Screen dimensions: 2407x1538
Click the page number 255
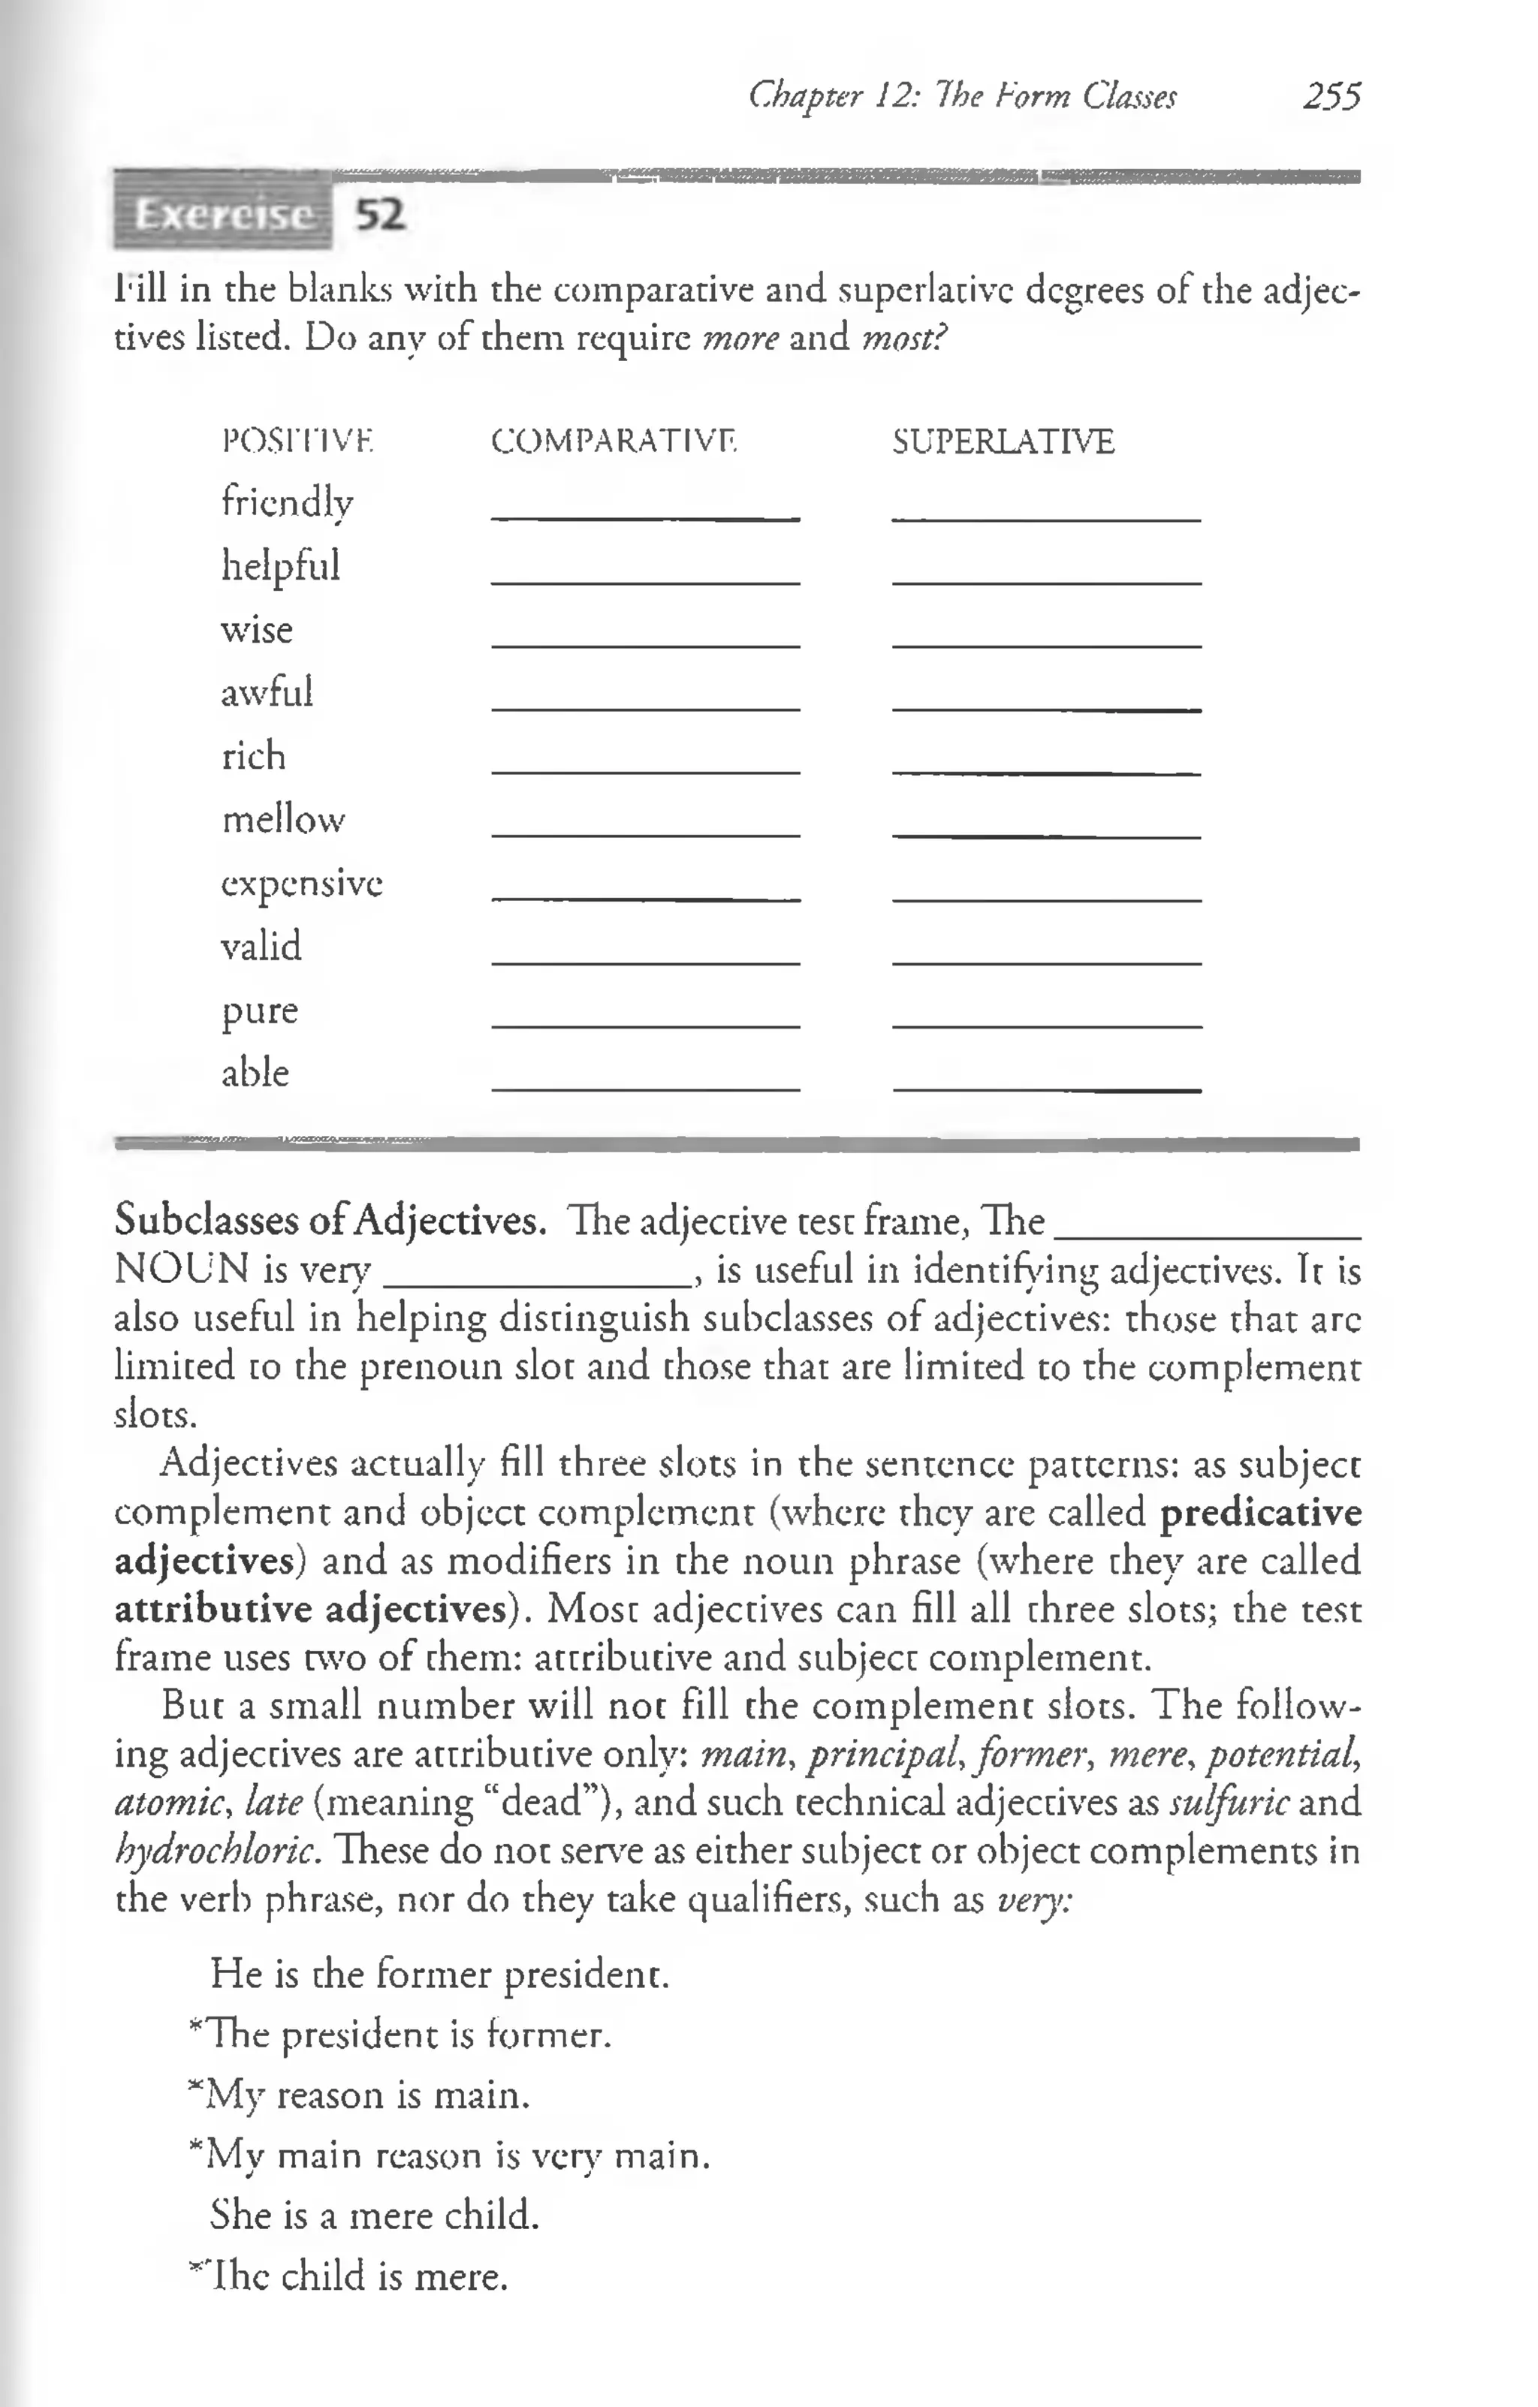pos(1331,97)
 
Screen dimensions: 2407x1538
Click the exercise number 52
pos(381,214)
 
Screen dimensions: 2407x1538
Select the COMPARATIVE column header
pos(613,441)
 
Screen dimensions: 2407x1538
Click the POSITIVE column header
pos(297,441)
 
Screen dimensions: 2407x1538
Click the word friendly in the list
pos(287,502)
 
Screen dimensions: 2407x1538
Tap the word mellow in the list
pos(283,820)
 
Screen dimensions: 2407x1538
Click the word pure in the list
pos(259,1010)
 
